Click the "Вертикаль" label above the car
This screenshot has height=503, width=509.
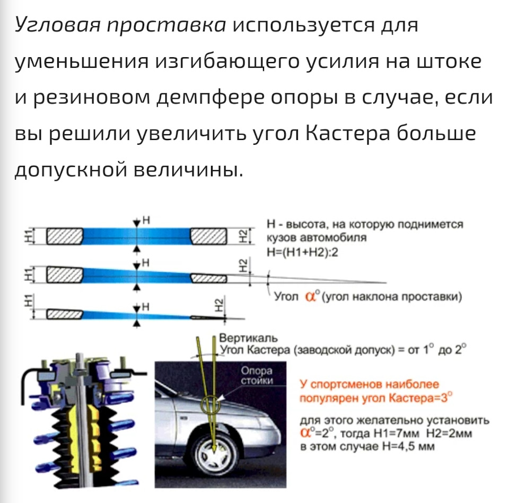click(249, 338)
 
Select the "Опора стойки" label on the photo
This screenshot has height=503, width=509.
click(257, 375)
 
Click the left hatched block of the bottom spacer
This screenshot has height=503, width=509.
click(64, 315)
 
